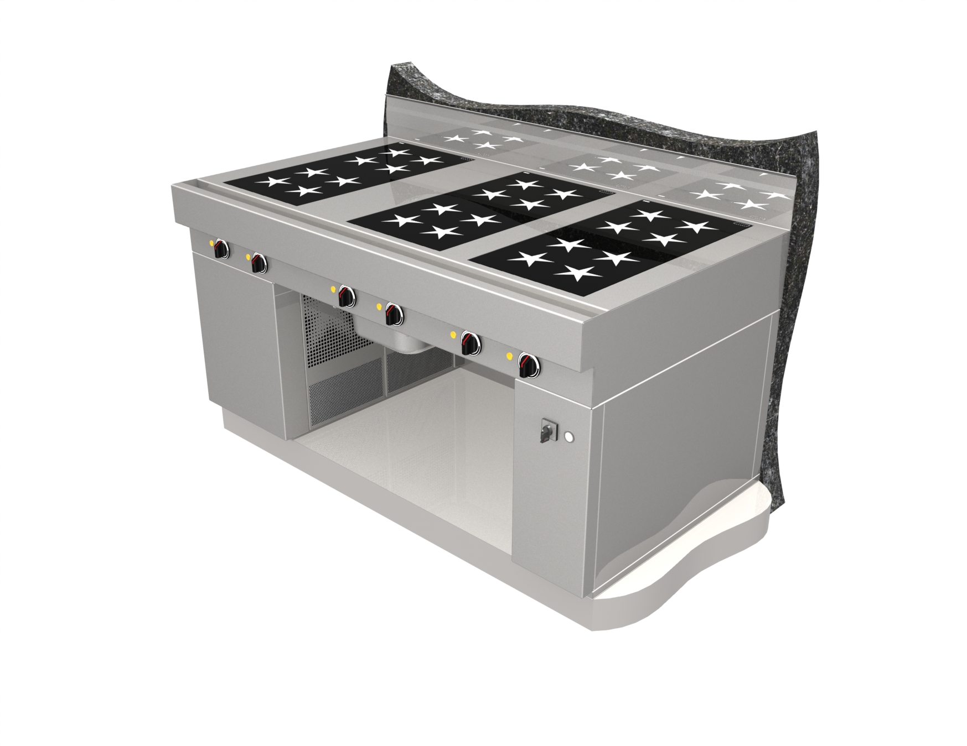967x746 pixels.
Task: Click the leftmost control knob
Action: click(x=221, y=249)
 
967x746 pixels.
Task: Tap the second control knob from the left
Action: click(x=258, y=263)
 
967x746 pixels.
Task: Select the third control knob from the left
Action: click(x=347, y=297)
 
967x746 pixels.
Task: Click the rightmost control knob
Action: click(x=528, y=364)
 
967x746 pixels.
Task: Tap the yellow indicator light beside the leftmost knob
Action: click(x=211, y=242)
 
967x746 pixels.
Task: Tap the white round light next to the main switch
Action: click(x=568, y=438)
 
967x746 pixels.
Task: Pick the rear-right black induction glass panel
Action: click(x=664, y=224)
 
